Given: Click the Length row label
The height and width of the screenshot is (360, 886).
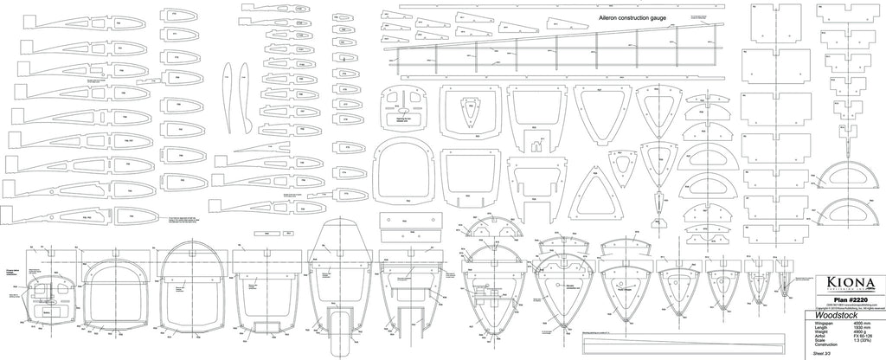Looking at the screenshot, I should (824, 328).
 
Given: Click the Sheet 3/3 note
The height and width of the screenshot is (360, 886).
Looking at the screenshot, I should (824, 354).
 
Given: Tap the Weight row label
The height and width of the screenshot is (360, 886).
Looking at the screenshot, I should (824, 332).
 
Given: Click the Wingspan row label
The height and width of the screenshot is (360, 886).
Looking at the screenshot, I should (826, 324).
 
